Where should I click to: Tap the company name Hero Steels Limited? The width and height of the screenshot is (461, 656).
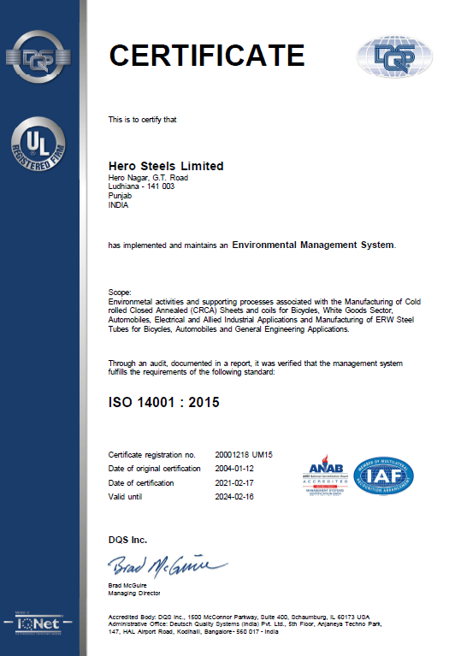pyautogui.click(x=166, y=166)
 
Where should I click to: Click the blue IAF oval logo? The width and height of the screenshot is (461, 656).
pyautogui.click(x=383, y=476)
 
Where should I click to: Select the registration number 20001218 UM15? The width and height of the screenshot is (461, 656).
pyautogui.click(x=250, y=454)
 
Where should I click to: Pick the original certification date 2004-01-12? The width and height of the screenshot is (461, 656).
pyautogui.click(x=235, y=469)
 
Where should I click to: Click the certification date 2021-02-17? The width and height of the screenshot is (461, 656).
pyautogui.click(x=235, y=482)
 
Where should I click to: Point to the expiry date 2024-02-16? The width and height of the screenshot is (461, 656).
pyautogui.click(x=235, y=496)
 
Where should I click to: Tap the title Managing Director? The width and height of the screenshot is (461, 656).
pyautogui.click(x=133, y=593)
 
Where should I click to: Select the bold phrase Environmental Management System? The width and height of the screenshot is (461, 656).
pyautogui.click(x=314, y=245)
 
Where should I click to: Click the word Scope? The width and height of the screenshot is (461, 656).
pyautogui.click(x=121, y=293)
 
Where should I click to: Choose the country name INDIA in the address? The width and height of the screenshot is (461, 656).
pyautogui.click(x=118, y=204)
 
